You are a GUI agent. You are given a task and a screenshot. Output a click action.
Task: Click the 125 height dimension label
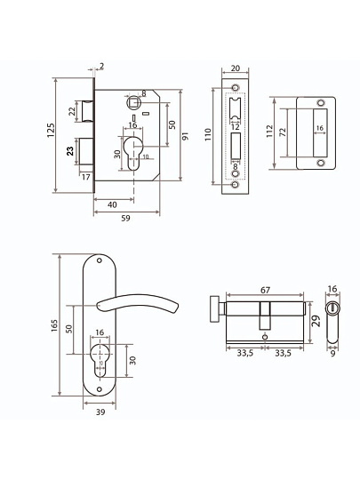(x=51, y=130)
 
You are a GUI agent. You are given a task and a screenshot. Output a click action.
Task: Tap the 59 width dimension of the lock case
(x=126, y=219)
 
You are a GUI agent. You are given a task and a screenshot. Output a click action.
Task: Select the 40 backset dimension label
(x=112, y=204)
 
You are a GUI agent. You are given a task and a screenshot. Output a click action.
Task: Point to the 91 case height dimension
(x=185, y=136)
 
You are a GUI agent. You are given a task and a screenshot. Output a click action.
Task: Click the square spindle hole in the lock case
(x=133, y=101)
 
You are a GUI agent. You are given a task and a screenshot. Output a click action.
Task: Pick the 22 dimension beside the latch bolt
(x=72, y=111)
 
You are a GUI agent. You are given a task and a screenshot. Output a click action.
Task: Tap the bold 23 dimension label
(x=70, y=151)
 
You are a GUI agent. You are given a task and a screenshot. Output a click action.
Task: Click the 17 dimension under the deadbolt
(x=86, y=177)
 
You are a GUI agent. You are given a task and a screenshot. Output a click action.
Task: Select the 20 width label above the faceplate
(x=235, y=68)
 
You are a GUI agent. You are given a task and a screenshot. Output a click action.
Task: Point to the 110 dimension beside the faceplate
(x=208, y=134)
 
